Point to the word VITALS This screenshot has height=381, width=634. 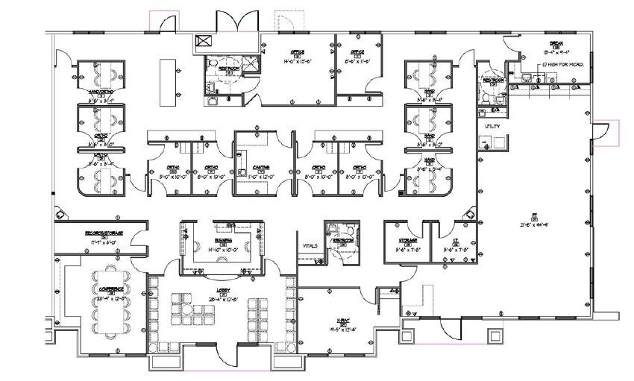point(310,245)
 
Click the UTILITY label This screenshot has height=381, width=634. point(491,127)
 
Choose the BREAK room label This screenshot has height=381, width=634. point(553,43)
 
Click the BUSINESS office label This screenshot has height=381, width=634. point(222,241)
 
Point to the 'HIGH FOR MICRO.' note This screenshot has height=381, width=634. point(565,65)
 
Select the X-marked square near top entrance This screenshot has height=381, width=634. point(201,42)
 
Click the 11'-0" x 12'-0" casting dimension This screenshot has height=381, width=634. point(260,177)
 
